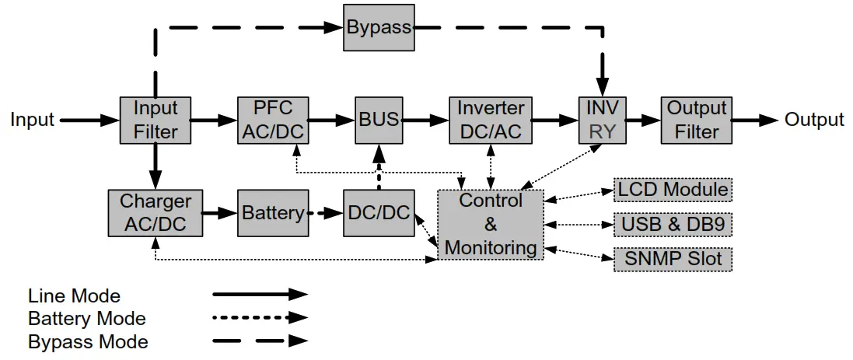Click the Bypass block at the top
coord(378,27)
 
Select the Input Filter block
coord(156,121)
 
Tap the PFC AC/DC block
coord(272,121)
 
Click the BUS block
coord(379,121)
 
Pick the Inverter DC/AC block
coord(490,121)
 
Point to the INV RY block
coord(602,121)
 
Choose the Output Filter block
coord(697,121)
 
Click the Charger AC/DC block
coord(156,213)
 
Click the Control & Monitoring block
coord(490,225)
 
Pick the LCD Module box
coord(673,190)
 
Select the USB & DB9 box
coord(673,225)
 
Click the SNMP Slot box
coord(673,259)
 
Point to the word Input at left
coord(33,121)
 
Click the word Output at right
coord(813,121)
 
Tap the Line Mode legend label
coord(74,296)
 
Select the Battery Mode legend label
coord(86,319)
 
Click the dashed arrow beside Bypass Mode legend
coord(260,341)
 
